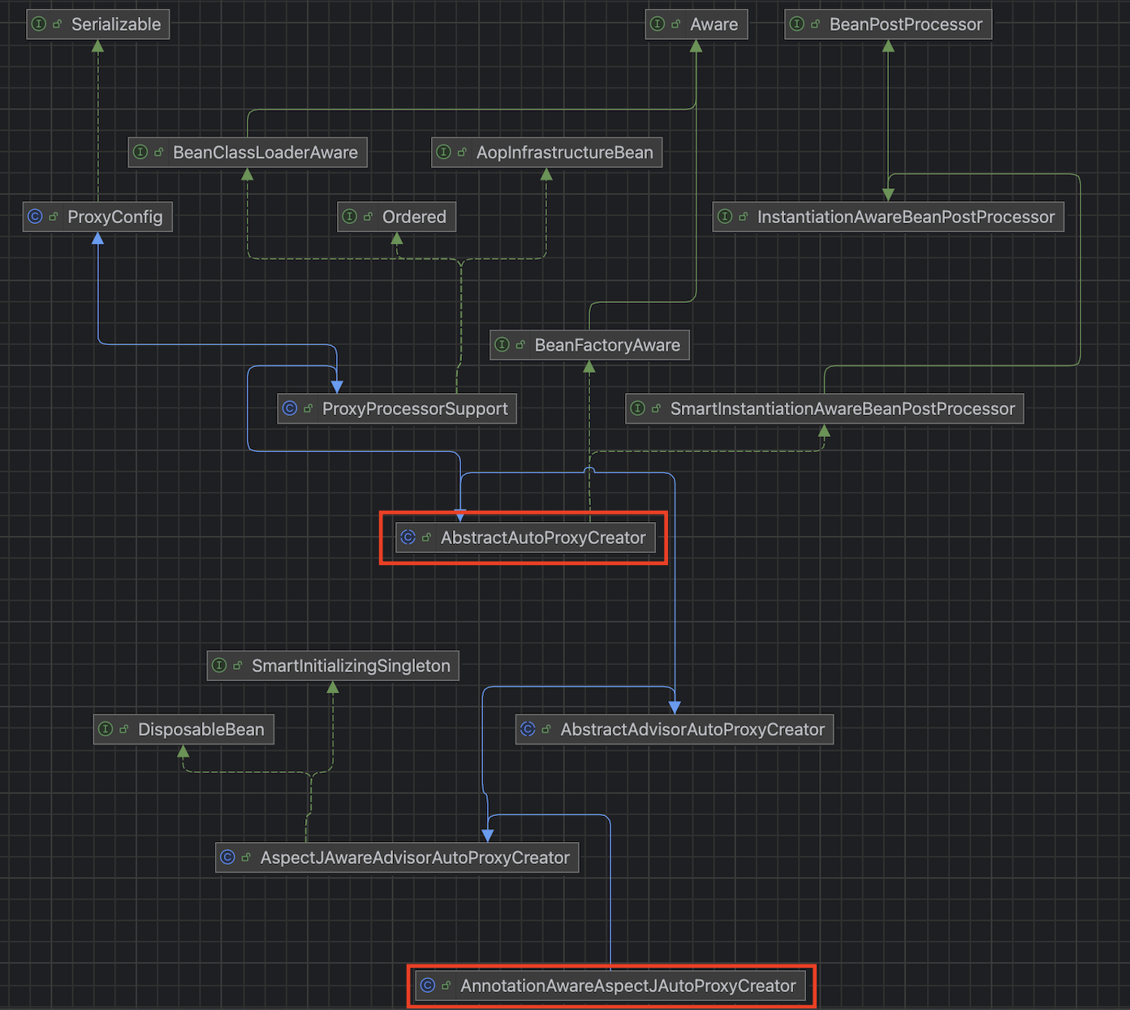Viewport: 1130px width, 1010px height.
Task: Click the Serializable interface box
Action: [x=98, y=24]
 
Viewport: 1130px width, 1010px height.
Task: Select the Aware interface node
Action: [x=696, y=24]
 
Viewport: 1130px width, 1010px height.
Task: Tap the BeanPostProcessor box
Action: [x=888, y=24]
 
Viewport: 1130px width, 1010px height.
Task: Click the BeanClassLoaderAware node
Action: [x=248, y=153]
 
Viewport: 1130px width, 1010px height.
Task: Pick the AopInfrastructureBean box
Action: [x=546, y=153]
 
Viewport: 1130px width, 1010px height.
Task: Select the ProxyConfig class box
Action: [x=97, y=217]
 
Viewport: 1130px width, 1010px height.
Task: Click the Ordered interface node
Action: [x=397, y=217]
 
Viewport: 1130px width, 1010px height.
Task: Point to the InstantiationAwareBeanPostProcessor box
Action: [x=888, y=217]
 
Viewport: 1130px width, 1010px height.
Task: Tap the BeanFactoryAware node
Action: [x=589, y=345]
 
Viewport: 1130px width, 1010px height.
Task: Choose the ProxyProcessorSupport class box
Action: [x=397, y=408]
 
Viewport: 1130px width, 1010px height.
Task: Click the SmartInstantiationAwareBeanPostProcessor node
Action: [x=824, y=408]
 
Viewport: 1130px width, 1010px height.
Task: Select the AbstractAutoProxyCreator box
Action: [x=525, y=537]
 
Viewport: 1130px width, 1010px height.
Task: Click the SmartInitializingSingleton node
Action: [x=333, y=666]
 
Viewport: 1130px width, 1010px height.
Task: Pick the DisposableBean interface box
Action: [x=183, y=729]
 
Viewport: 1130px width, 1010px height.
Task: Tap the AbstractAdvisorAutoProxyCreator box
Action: [x=675, y=729]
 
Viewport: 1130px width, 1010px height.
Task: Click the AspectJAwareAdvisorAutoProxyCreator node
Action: [x=397, y=857]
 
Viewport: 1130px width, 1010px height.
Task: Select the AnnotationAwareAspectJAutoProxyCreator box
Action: [x=610, y=986]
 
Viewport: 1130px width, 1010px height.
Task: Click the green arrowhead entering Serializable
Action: [x=97, y=45]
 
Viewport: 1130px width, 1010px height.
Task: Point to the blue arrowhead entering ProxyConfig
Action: [x=97, y=238]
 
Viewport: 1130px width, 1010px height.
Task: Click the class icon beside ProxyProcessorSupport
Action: [x=290, y=408]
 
